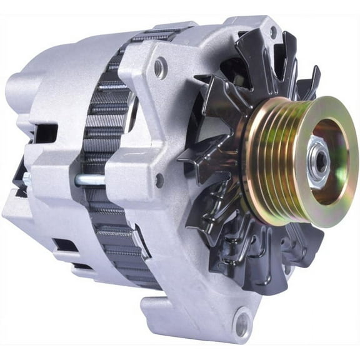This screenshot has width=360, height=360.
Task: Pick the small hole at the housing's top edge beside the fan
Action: click(x=272, y=29)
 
